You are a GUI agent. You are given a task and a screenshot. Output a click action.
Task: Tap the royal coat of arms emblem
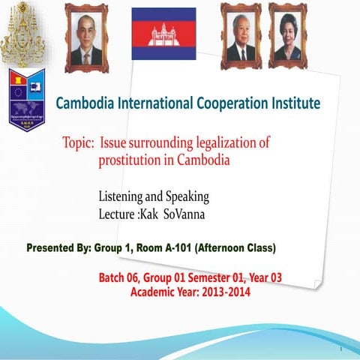point(28,34)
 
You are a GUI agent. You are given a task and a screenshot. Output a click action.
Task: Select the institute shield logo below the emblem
point(28,97)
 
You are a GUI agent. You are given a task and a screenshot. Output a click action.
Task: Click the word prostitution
point(131,160)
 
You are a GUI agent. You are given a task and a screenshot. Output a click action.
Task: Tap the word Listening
point(124,197)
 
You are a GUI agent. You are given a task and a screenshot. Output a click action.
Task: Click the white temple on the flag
point(163,32)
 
